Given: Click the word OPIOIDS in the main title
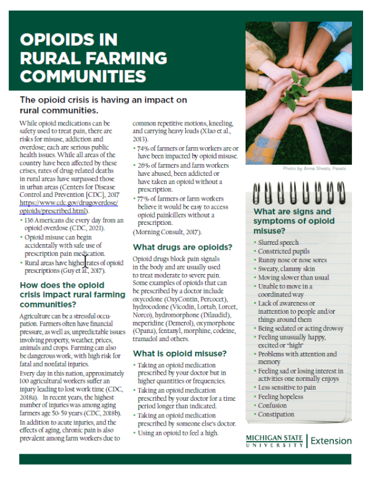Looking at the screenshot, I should [x=68, y=40].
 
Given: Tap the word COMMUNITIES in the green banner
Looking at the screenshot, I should [x=83, y=76].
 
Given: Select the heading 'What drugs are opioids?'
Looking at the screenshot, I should [x=183, y=247].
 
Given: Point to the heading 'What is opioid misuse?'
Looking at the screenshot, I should [x=180, y=354].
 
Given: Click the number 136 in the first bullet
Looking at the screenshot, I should [x=32, y=220].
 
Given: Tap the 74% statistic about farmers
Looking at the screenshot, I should [x=144, y=150].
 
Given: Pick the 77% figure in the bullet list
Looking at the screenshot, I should [x=144, y=199].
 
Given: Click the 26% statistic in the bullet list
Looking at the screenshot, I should [x=144, y=167].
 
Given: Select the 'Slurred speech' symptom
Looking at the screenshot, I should [x=278, y=242].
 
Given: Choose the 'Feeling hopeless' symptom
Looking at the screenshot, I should [x=281, y=396].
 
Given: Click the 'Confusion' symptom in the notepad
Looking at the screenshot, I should [x=273, y=405].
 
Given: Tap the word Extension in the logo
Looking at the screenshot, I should [x=331, y=441].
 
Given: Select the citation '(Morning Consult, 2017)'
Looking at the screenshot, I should [x=167, y=231].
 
